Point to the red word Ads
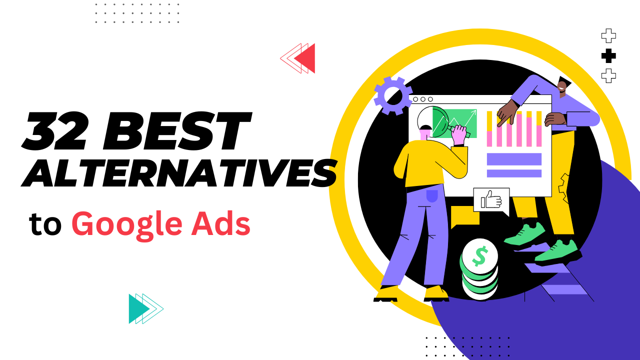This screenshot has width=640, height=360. tap(223, 223)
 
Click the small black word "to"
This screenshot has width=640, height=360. tap(45, 224)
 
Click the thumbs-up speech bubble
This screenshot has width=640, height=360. tap(491, 200)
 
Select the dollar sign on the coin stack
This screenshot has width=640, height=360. tap(479, 256)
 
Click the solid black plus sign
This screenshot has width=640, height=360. tap(608, 56)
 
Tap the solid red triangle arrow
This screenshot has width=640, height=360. tap(305, 58)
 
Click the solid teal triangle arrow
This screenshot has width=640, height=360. tap(138, 308)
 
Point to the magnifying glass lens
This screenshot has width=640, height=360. tap(430, 122)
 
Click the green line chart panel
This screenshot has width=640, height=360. tap(460, 122)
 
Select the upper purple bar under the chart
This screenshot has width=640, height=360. tap(514, 159)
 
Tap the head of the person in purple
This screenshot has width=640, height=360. tap(562, 87)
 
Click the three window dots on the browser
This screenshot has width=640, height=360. tap(422, 99)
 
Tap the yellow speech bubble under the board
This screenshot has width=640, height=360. tap(464, 216)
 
